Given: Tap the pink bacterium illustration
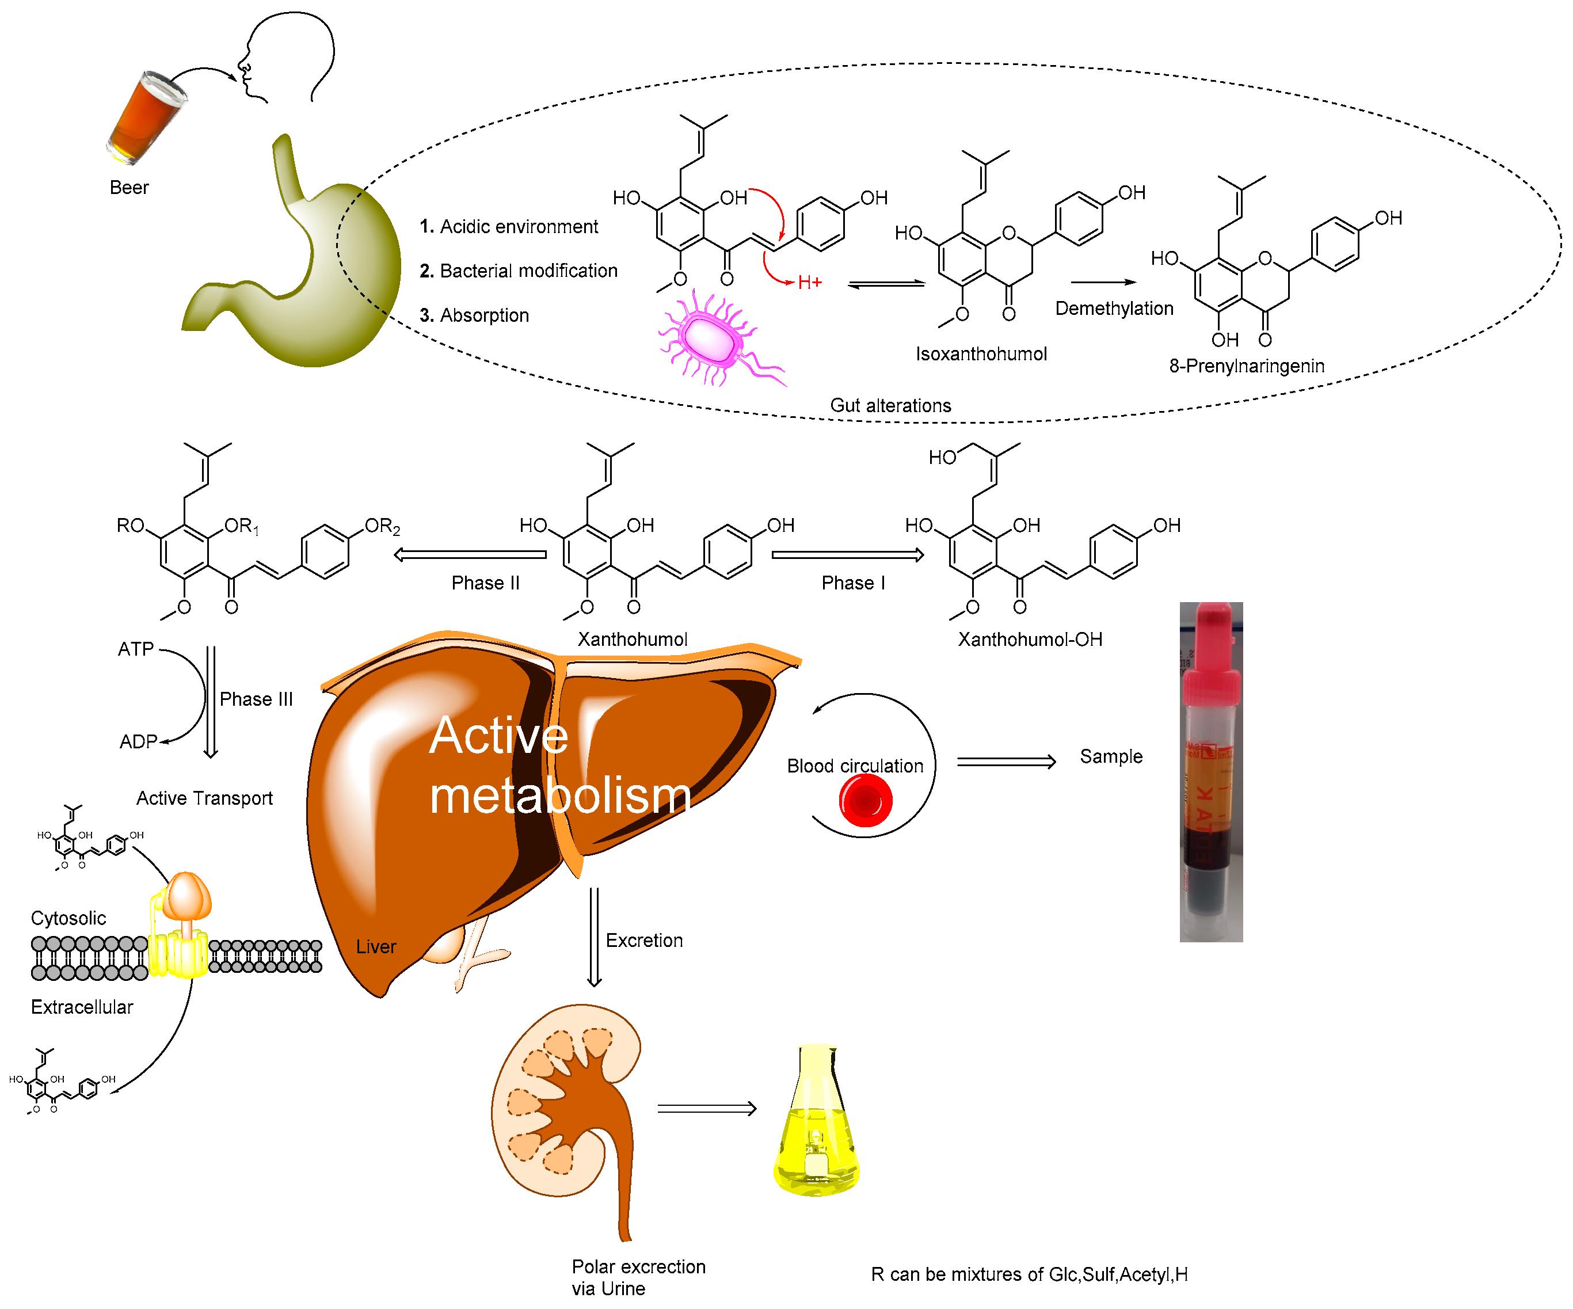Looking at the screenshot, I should tap(711, 338).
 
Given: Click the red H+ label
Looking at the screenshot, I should tap(809, 283).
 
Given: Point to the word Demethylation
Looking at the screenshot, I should tap(1113, 309).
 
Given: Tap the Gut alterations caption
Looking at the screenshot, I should tap(890, 405).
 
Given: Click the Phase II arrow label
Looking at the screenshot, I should tap(485, 583).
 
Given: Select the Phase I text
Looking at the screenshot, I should tap(852, 583).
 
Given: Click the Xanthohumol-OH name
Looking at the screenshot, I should tap(1029, 639).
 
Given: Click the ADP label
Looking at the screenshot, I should tap(138, 742).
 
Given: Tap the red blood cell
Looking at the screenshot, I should tap(865, 800).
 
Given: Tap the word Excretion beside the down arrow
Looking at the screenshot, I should tap(643, 941).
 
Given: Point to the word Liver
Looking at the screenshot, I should tap(375, 947).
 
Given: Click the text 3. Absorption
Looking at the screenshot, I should tap(474, 315).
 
